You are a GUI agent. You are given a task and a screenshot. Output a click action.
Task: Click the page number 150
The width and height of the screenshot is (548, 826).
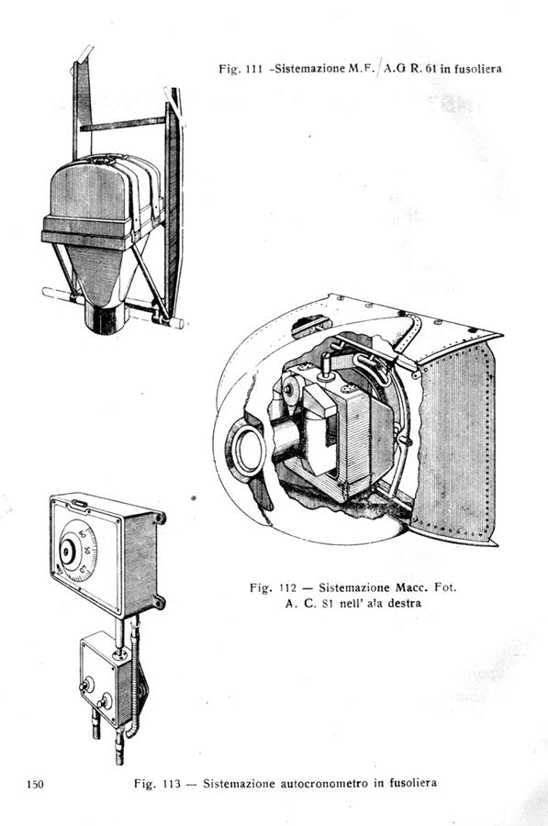pos(35,785)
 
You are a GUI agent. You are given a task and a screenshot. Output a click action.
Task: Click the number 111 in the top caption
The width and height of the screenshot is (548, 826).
pos(254,69)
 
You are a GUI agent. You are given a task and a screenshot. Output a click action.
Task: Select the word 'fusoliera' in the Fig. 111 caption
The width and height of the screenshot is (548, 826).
pos(477,69)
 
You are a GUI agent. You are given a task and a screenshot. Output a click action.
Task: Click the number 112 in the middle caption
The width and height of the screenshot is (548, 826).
pos(287,587)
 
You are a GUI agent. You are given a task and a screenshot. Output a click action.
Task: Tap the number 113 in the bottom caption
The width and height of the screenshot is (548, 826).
pos(172,784)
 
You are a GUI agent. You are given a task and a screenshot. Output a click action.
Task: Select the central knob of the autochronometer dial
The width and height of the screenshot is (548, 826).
pos(67,552)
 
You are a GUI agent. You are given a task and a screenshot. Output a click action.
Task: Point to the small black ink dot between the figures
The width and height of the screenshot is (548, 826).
pos(194,497)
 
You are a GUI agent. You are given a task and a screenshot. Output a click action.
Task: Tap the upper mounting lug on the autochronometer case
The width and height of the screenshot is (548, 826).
pos(159,518)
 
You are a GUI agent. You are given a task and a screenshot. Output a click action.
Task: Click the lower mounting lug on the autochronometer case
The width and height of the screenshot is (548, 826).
pos(158,601)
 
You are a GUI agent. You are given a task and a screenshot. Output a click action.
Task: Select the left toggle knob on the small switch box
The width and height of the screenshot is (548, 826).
pos(85,686)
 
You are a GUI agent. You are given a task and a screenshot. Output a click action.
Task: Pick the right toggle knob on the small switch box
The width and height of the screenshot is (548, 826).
pos(104,702)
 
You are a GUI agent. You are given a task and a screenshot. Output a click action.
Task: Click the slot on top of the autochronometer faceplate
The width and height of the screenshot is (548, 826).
pos(80,504)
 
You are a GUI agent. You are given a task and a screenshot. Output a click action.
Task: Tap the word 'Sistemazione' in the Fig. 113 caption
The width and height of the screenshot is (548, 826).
pos(232,784)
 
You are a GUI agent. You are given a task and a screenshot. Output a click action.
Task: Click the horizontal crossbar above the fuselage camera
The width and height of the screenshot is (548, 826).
pos(123,123)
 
